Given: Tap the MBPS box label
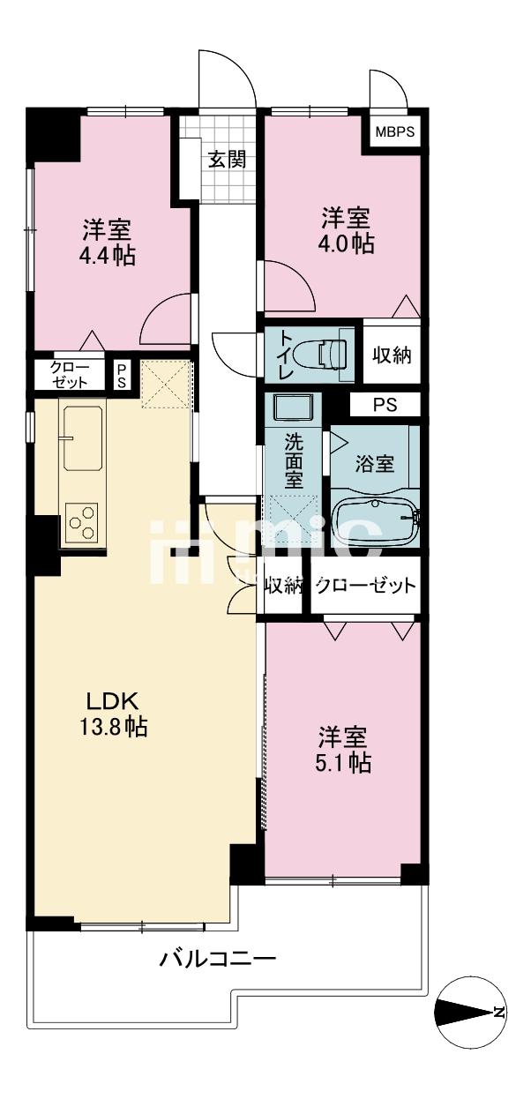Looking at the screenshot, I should coord(395,133).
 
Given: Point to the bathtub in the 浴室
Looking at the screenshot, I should coord(376,520).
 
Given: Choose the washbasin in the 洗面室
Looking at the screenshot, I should coord(291,408).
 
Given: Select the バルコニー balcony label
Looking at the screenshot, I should coord(218,959).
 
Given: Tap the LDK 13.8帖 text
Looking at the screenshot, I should coord(112,715).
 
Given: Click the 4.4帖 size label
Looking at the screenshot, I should coord(108,256).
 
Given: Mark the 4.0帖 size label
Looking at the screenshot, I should coord(347,243).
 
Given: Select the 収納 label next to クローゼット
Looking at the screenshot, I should coord(284,585).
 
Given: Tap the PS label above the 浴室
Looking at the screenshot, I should coord(384,406).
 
